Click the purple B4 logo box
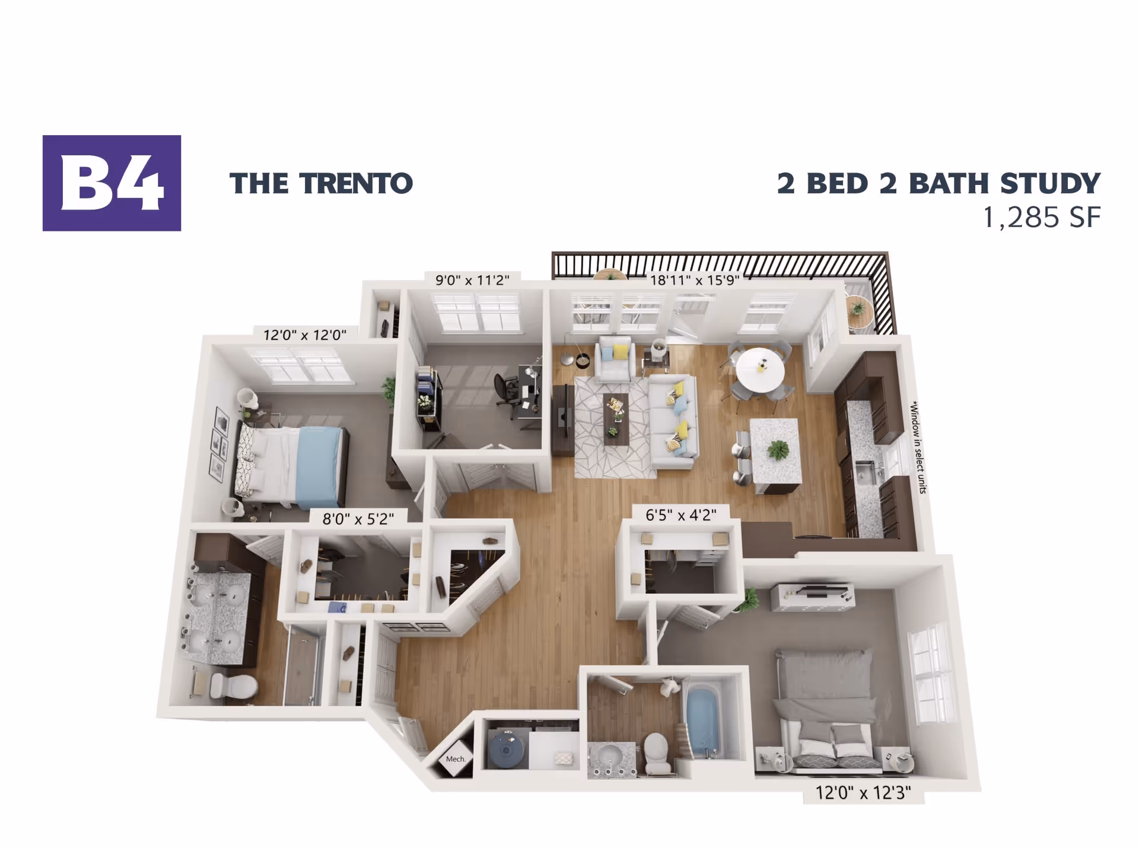(112, 183)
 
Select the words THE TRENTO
(321, 183)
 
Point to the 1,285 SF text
(1042, 218)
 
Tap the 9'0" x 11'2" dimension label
(472, 280)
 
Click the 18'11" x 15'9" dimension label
(695, 280)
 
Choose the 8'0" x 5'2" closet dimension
(358, 519)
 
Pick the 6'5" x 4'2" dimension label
(680, 515)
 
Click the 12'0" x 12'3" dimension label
(863, 793)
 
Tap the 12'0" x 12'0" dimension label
(304, 335)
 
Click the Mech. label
(455, 759)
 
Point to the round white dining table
(760, 369)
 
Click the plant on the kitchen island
(778, 450)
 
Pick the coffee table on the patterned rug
(616, 419)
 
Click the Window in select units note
(918, 447)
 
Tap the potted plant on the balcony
(857, 308)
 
